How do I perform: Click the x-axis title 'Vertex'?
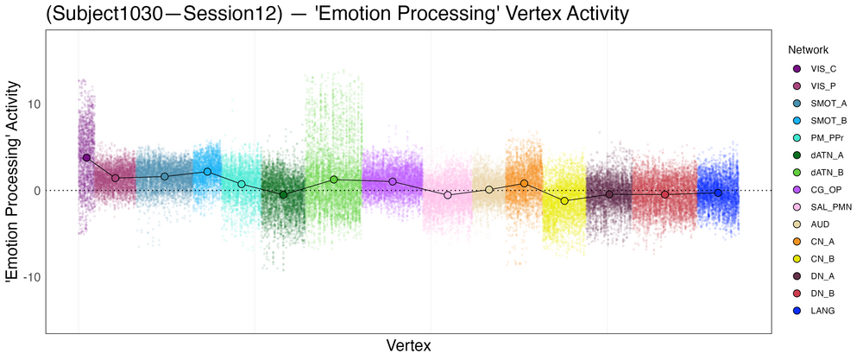[408, 344]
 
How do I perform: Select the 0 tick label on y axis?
[34, 191]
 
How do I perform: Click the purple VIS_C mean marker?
[86, 158]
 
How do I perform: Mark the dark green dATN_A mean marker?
[282, 195]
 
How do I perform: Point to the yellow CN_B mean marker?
[564, 201]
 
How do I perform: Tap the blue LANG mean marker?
[718, 193]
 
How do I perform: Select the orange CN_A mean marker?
[524, 183]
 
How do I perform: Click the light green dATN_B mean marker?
[333, 180]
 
